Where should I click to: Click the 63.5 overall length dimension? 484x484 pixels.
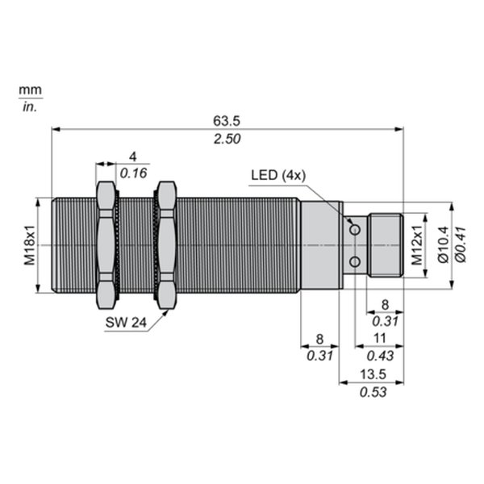[x=226, y=121]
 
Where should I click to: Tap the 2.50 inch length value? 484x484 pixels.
[x=227, y=139]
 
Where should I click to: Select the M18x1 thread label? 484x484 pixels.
[x=30, y=245]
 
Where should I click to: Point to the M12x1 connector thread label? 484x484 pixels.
[x=417, y=245]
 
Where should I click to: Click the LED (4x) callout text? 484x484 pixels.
[x=278, y=175]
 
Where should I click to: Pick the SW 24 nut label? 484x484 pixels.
[x=126, y=323]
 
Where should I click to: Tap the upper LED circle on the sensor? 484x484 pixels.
[x=355, y=230]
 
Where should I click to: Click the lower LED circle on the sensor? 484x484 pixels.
[x=355, y=261]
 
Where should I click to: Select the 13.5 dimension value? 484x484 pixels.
[x=373, y=374]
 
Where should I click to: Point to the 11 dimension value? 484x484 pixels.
[x=380, y=338]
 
